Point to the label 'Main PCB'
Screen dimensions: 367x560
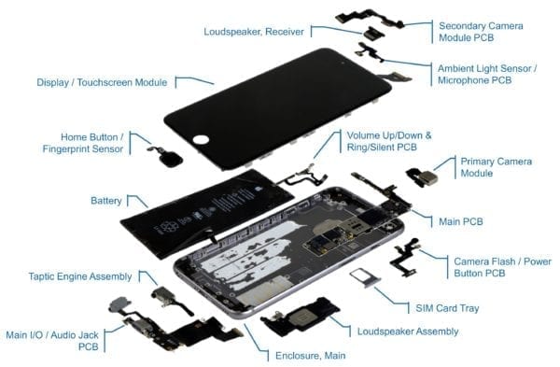(460, 221)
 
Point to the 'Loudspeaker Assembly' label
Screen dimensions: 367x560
(407, 331)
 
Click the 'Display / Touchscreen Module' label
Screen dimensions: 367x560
(103, 82)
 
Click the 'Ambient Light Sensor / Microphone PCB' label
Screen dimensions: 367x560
(486, 75)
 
